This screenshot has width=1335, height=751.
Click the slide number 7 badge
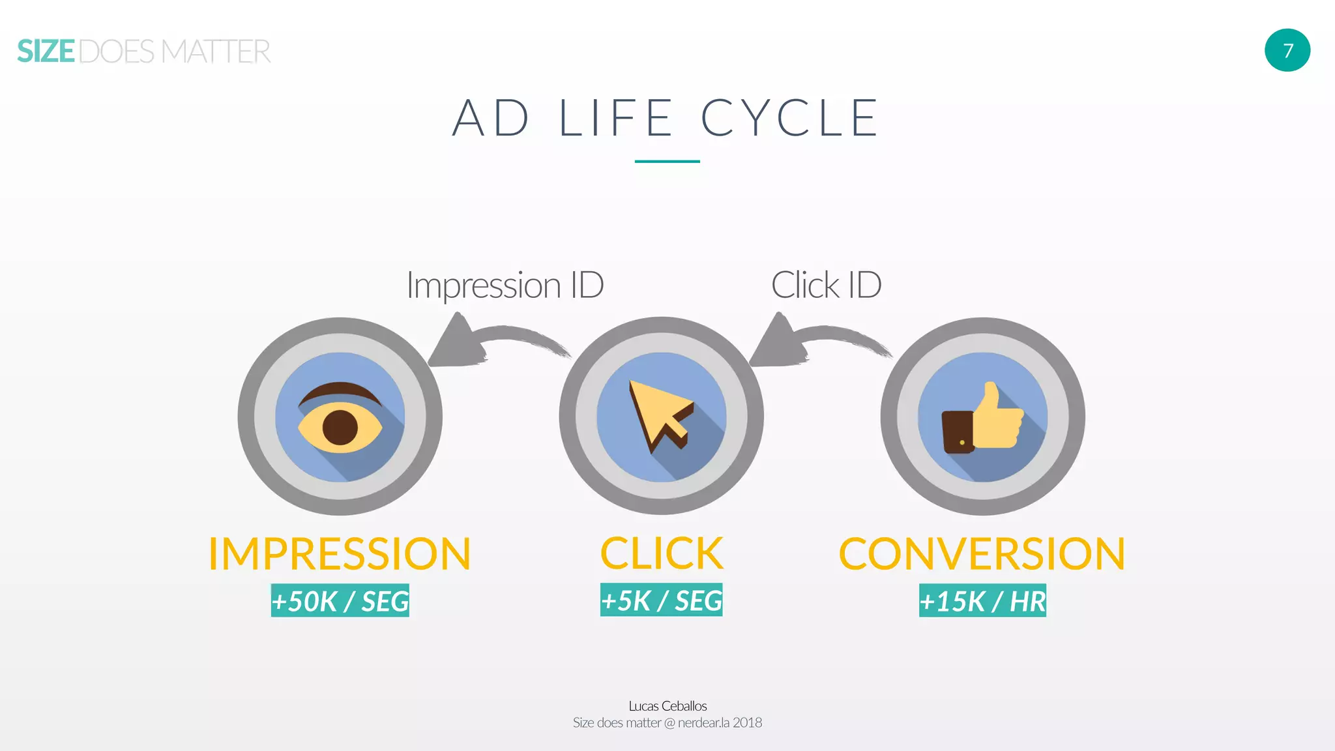1287,50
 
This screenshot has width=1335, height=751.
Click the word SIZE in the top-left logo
46,52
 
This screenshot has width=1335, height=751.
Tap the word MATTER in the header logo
216,52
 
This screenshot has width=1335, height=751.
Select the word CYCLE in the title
789,118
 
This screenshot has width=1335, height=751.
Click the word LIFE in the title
615,118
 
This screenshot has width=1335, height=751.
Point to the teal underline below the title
667,161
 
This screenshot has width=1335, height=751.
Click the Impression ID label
505,285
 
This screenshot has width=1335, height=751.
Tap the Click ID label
826,285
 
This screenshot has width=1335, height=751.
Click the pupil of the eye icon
340,428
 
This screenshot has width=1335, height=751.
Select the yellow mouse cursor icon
658,414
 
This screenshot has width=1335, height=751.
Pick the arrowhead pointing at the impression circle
457,343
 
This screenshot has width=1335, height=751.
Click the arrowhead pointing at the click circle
778,343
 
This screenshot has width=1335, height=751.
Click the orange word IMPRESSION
340,554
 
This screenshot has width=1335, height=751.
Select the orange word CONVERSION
982,554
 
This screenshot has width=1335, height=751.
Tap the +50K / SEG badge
340,600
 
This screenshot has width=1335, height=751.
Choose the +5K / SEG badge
661,600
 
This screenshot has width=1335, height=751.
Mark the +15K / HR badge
982,600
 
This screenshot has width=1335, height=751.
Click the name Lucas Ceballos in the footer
667,706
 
